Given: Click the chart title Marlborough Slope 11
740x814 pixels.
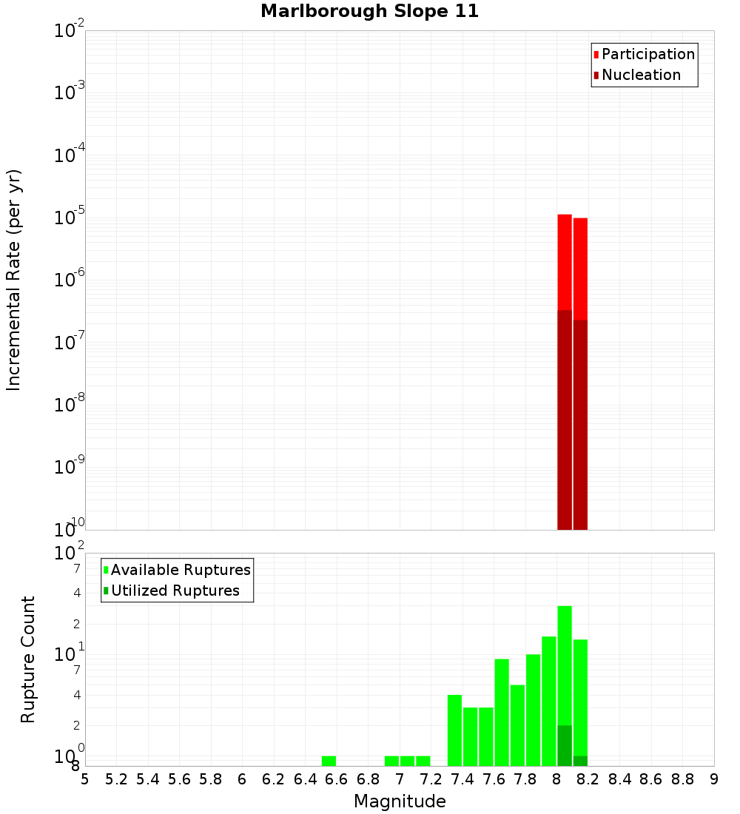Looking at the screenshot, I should click(370, 11).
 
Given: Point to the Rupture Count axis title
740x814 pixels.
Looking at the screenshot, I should click(28, 659).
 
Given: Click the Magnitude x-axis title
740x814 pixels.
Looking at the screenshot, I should click(400, 801).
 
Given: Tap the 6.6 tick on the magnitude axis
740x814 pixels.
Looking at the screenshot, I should click(337, 779).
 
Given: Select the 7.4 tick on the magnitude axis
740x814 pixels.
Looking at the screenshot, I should click(462, 779).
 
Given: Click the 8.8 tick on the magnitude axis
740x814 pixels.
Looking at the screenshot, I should click(682, 779).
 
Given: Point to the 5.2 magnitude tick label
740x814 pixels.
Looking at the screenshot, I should click(117, 779).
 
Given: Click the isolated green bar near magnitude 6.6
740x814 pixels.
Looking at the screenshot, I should click(329, 761).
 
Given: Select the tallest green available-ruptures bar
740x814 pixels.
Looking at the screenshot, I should click(565, 666).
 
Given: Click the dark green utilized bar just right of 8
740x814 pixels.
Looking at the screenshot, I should click(565, 745).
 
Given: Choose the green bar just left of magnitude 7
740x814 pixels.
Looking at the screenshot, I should click(391, 761).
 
